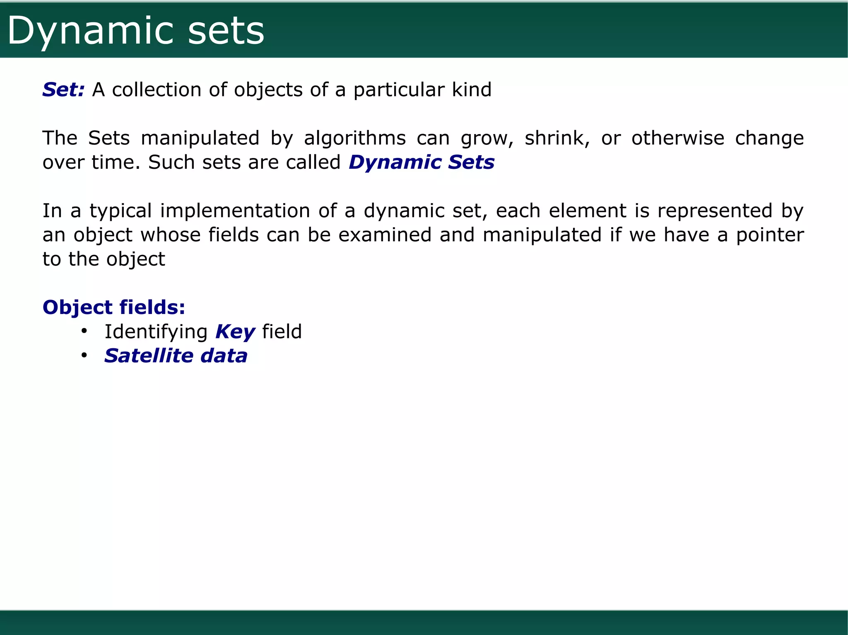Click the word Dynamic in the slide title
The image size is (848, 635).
(90, 31)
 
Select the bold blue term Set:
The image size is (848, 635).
(63, 90)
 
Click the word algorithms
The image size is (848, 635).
(355, 138)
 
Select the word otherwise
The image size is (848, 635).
(677, 138)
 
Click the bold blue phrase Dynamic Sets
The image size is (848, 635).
(422, 162)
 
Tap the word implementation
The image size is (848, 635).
(235, 211)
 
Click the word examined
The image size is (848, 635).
(385, 235)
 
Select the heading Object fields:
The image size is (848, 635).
(114, 308)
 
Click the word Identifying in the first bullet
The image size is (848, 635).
(156, 332)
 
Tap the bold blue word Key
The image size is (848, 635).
(235, 332)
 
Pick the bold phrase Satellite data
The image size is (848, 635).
(176, 356)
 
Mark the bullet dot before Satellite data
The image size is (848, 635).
(84, 355)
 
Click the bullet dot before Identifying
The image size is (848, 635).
(84, 331)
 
